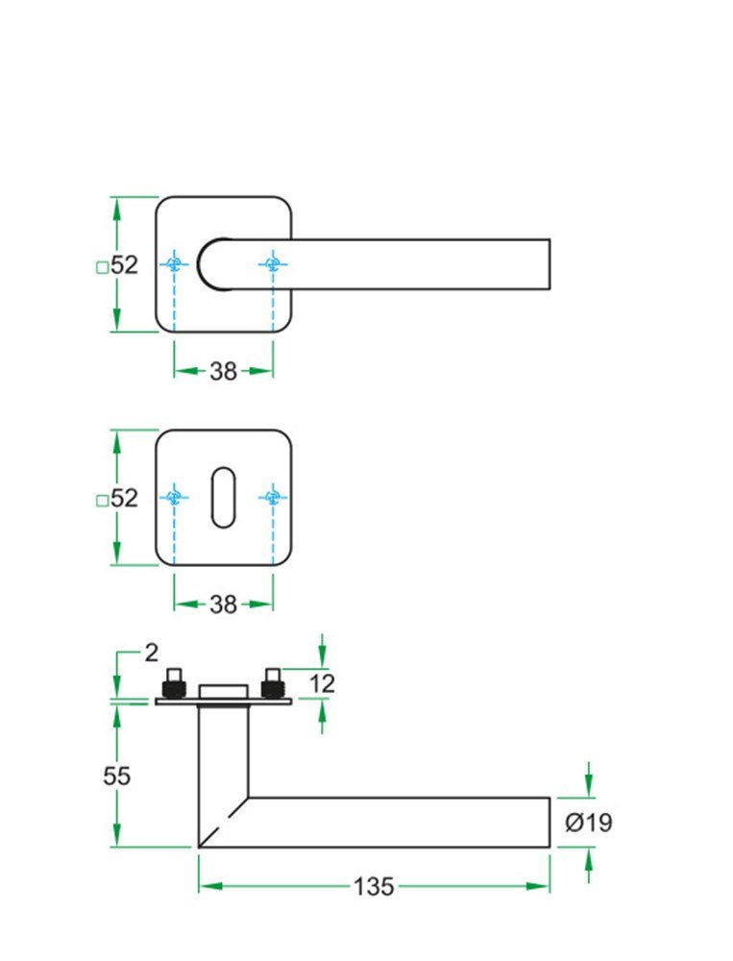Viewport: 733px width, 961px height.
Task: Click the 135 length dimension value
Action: click(374, 886)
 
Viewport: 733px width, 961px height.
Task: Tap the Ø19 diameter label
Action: click(589, 823)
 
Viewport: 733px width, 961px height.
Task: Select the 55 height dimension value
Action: click(116, 776)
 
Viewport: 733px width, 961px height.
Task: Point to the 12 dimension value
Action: click(323, 683)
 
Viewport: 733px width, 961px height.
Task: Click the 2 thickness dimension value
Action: click(150, 653)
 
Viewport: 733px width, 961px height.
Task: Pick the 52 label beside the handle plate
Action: click(124, 265)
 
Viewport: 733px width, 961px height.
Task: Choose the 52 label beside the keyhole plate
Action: click(124, 498)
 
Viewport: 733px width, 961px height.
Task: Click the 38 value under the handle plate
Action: click(223, 372)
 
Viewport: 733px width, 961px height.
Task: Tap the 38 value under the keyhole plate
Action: click(223, 604)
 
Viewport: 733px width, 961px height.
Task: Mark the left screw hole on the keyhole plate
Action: click(174, 497)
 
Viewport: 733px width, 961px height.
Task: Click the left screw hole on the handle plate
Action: click(174, 264)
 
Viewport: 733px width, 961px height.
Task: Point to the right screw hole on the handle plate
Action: click(273, 264)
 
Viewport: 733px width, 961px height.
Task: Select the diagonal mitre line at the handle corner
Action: click(223, 823)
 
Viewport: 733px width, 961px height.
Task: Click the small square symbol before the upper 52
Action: click(102, 268)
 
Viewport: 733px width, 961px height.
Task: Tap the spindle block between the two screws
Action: click(223, 692)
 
